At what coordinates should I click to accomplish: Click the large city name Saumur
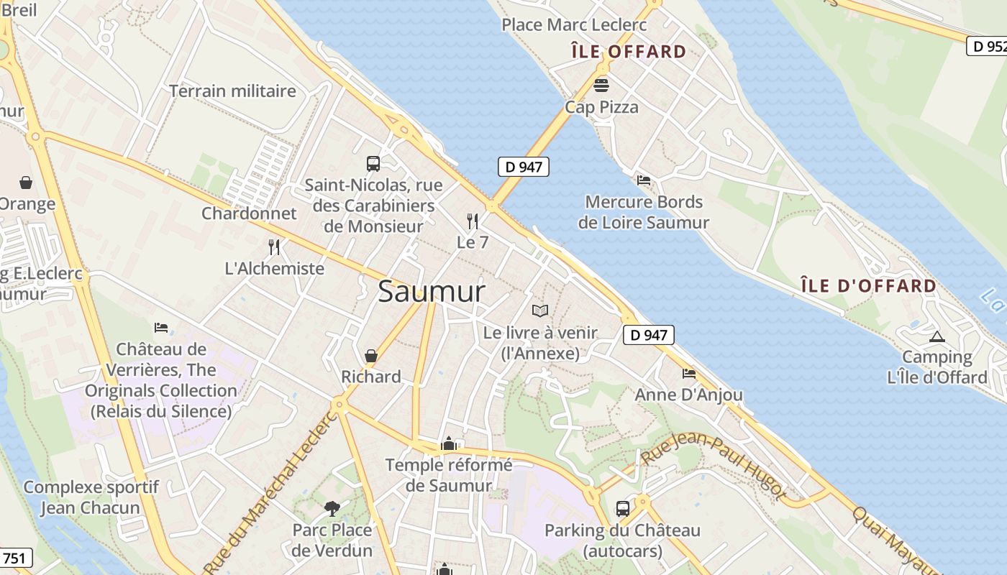click(432, 292)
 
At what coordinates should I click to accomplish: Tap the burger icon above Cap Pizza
click(601, 86)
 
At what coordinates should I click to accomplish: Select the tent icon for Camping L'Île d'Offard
click(937, 336)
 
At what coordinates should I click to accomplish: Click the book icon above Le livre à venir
click(540, 310)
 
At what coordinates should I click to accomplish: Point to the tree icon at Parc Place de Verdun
click(332, 509)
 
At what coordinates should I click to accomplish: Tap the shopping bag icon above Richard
click(371, 356)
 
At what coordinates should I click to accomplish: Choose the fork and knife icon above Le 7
click(473, 221)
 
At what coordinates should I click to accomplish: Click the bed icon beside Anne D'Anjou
click(689, 374)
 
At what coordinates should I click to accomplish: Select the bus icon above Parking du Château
click(623, 509)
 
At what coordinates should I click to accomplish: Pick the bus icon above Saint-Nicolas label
click(373, 164)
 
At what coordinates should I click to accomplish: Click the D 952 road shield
click(987, 47)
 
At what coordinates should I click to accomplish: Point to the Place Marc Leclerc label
click(574, 25)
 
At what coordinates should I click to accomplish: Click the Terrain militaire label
click(232, 91)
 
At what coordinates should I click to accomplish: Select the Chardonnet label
click(249, 213)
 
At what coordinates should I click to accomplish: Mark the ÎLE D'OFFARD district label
click(868, 286)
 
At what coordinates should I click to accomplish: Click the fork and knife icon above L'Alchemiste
click(274, 247)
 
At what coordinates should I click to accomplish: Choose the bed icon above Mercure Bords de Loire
click(644, 180)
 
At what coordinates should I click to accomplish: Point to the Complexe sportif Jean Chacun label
click(91, 497)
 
